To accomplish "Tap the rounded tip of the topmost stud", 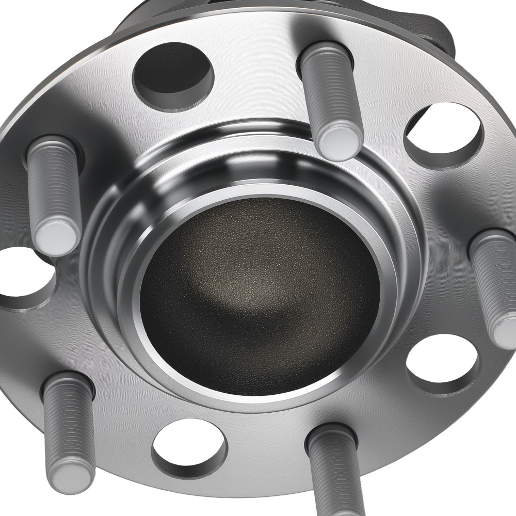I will pyautogui.click(x=338, y=142).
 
